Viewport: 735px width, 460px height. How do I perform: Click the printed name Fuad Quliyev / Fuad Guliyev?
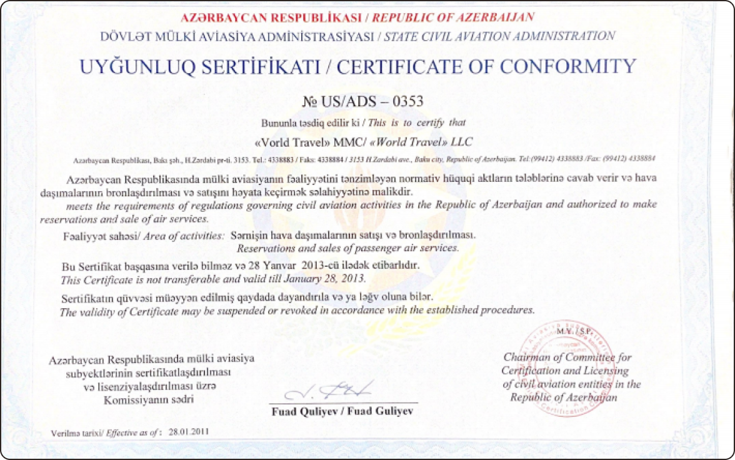(x=342, y=412)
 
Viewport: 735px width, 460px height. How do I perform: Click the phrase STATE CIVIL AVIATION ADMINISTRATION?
(x=499, y=36)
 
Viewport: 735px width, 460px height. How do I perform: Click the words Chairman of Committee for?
(x=567, y=357)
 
